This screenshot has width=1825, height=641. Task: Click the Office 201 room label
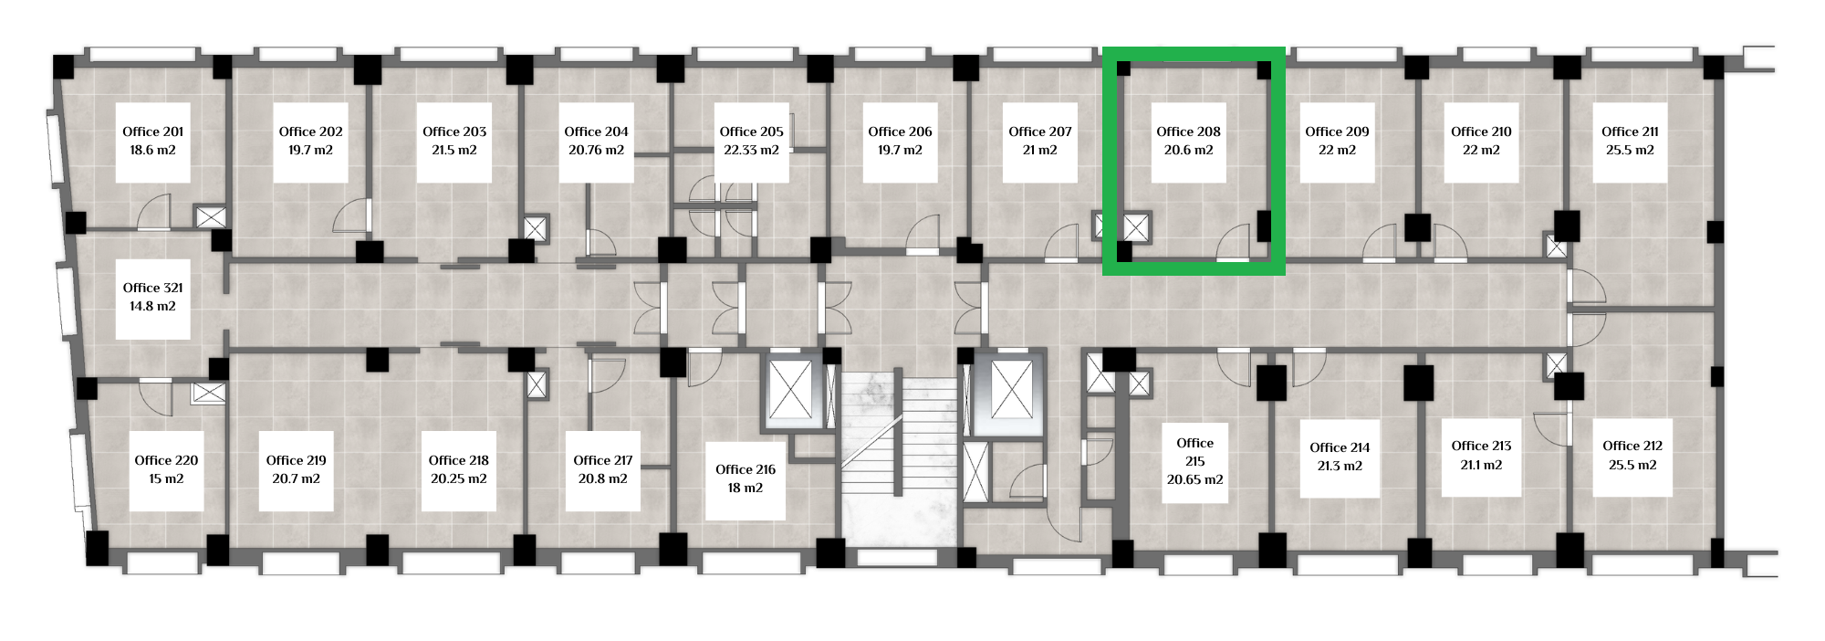tap(152, 131)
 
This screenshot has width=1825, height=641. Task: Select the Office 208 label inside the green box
tap(1188, 131)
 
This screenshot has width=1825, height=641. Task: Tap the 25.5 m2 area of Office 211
tap(1630, 150)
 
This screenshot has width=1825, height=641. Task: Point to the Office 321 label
tap(152, 288)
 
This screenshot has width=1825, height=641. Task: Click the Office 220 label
tap(166, 460)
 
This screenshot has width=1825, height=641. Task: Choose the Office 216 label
tap(746, 469)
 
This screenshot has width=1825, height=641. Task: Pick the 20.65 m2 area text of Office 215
tap(1194, 479)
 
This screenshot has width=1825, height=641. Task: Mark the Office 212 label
tap(1632, 446)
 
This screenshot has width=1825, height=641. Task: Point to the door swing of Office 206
tap(923, 233)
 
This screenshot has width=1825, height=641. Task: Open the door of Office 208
tap(1233, 242)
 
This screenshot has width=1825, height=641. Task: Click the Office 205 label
tap(751, 131)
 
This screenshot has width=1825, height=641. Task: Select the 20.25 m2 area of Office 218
tap(458, 478)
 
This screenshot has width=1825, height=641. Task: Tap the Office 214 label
tap(1340, 447)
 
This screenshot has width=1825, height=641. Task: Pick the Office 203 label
tap(454, 131)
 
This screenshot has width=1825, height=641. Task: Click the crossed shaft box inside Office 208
tap(1136, 227)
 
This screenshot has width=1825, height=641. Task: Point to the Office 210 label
tap(1481, 131)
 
